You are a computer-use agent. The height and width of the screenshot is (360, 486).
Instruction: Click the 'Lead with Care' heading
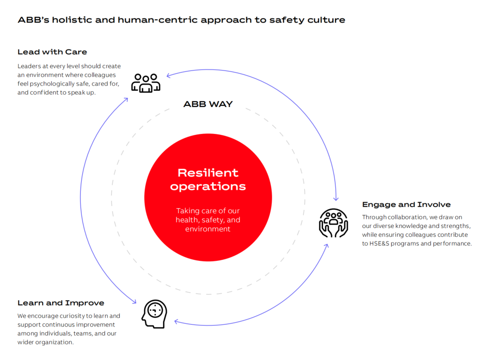52,52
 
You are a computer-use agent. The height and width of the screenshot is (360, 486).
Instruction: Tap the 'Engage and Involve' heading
406,204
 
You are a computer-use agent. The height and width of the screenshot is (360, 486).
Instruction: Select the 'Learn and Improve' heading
61,303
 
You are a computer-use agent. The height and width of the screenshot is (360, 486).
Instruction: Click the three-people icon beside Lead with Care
146,83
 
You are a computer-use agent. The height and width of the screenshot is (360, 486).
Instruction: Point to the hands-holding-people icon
333,222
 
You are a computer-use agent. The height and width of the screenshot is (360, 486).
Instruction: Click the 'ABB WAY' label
208,104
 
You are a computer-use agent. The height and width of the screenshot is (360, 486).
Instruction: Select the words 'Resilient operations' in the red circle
208,180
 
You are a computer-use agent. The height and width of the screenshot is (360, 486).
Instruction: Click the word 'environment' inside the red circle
208,229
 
